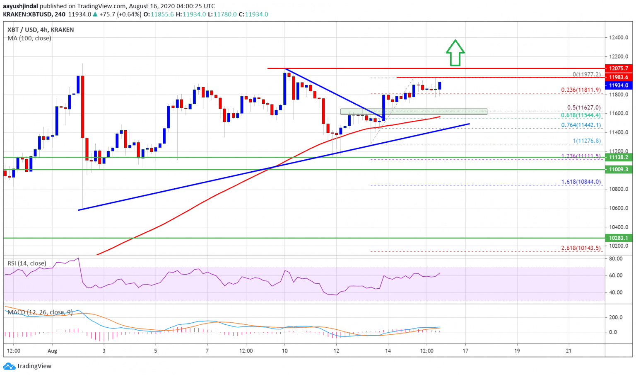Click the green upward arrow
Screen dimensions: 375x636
pos(455,53)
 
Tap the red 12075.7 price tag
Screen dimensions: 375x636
pos(619,68)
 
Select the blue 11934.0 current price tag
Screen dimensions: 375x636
pos(619,85)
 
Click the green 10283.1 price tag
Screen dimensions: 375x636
pos(619,238)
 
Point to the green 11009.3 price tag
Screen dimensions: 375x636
pos(619,169)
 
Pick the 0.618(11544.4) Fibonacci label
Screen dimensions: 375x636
pos(581,115)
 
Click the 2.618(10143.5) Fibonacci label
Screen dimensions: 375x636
pos(581,248)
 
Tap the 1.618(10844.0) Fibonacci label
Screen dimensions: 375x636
pos(581,182)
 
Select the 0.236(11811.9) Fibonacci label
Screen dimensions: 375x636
pos(581,90)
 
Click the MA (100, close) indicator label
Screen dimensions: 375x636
pos(29,38)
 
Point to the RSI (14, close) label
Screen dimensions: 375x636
pos(27,263)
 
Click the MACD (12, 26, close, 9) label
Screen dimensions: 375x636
pos(40,312)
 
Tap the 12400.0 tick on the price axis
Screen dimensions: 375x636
pos(619,37)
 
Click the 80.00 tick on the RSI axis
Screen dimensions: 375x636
pos(616,258)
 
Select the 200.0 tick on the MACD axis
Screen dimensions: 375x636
pos(616,317)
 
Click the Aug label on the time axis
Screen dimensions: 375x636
pos(52,351)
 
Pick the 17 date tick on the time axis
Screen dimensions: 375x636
pos(465,351)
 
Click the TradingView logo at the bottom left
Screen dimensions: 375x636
pos(27,366)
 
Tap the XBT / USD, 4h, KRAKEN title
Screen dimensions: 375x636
pos(41,30)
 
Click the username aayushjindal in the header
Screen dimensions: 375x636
pos(21,6)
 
